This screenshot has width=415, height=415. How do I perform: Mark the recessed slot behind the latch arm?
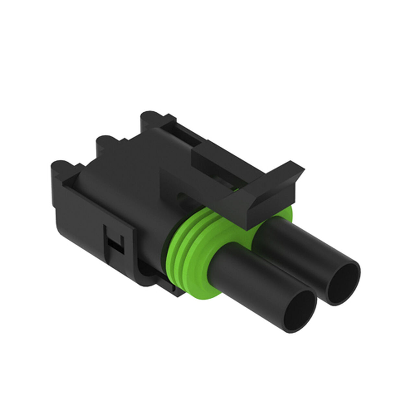(185, 136)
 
